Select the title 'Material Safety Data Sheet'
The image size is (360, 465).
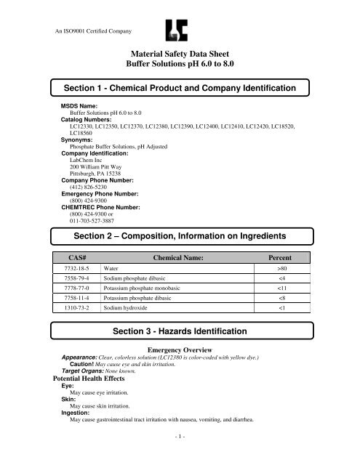coord(179,53)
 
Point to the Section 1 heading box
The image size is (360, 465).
coord(179,87)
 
